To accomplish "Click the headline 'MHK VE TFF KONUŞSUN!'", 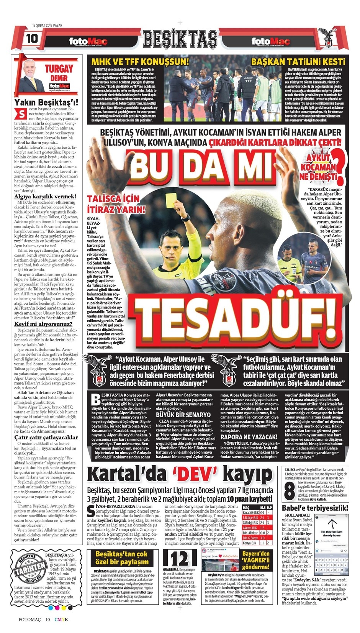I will (x=140, y=61).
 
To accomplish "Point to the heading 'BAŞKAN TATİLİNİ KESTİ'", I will (x=298, y=61).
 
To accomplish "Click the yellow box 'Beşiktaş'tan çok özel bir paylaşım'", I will (x=121, y=558).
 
